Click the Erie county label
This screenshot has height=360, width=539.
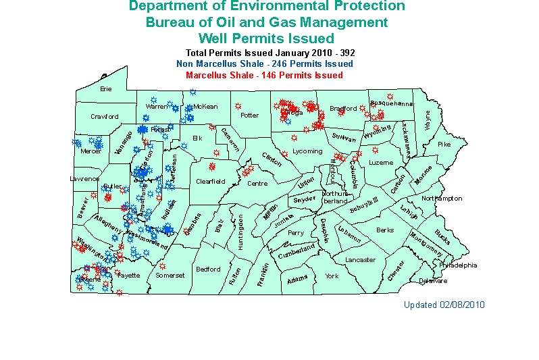click(x=105, y=88)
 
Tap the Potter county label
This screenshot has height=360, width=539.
click(x=249, y=115)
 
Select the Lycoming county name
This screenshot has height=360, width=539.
click(x=307, y=151)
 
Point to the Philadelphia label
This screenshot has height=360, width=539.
click(x=458, y=265)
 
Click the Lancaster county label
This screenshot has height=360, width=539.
click(x=360, y=260)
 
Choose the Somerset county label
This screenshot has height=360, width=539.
click(x=170, y=276)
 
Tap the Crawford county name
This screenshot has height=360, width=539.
click(x=105, y=117)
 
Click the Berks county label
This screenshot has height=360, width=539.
click(x=385, y=230)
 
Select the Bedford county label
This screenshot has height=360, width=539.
click(x=208, y=269)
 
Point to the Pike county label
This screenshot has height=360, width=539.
click(x=444, y=145)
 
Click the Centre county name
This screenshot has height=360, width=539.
click(x=257, y=184)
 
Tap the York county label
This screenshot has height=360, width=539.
click(x=332, y=276)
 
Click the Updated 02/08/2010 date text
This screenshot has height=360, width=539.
click(x=444, y=305)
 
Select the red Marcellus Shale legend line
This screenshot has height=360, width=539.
click(x=264, y=75)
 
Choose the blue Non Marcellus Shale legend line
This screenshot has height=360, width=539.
click(x=264, y=63)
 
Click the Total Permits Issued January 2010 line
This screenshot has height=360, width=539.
click(x=270, y=53)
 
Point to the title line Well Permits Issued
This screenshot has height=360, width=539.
click(x=266, y=38)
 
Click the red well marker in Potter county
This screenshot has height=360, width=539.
click(x=238, y=106)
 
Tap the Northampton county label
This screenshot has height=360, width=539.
click(x=442, y=199)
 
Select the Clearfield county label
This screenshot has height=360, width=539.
click(x=210, y=182)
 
